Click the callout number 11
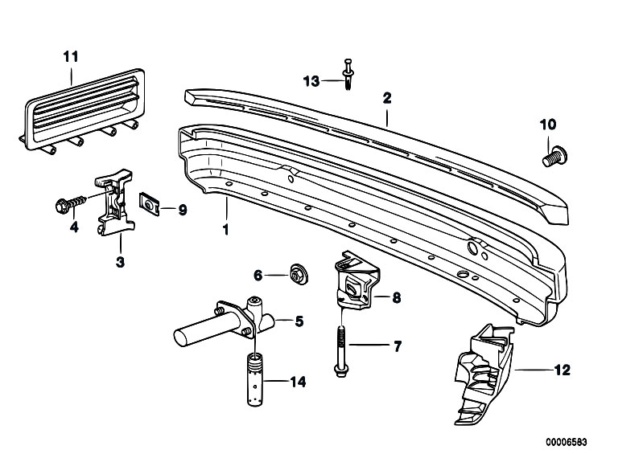pos(71,56)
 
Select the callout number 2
pos(387,98)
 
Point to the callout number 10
pos(547,125)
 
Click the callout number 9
pos(182,211)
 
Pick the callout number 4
pos(74,227)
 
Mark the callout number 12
pos(562,370)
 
